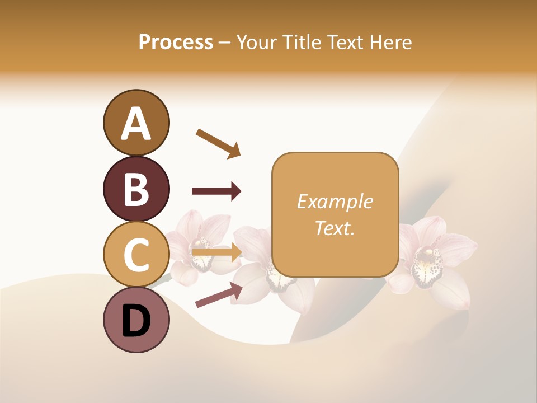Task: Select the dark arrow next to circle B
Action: (x=216, y=191)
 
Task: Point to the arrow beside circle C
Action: (x=216, y=252)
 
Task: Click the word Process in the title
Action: (x=176, y=42)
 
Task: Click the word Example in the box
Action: (x=335, y=201)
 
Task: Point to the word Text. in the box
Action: (x=335, y=228)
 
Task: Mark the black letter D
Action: (x=136, y=321)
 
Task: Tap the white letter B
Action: (x=136, y=189)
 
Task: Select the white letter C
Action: (x=136, y=255)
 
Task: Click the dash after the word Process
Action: (x=224, y=43)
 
